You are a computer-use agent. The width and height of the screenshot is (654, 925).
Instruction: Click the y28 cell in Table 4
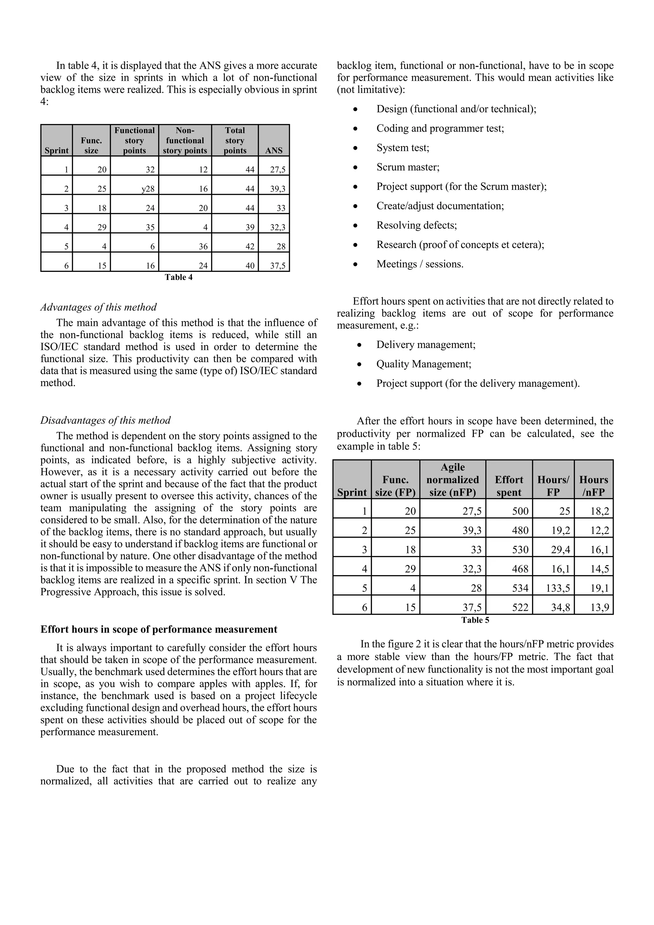tap(148, 189)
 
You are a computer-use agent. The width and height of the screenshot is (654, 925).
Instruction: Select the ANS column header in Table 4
tap(274, 150)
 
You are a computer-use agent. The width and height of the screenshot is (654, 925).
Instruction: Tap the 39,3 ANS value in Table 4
tap(278, 189)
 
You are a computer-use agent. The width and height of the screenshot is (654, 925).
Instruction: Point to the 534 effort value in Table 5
tap(520, 588)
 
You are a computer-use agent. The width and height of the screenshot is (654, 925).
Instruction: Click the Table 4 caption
tap(179, 277)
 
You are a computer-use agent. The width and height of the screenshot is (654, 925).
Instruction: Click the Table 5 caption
tap(475, 620)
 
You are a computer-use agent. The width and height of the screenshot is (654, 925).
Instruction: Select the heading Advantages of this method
tap(99, 307)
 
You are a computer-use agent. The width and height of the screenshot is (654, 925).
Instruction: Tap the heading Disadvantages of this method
tap(105, 420)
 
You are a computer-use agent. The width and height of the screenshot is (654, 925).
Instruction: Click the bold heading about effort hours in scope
tap(159, 629)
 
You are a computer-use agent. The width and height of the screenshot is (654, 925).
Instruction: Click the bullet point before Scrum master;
tap(355, 167)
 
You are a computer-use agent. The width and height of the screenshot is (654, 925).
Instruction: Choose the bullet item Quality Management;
tap(424, 364)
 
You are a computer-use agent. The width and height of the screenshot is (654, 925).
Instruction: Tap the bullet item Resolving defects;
tap(416, 225)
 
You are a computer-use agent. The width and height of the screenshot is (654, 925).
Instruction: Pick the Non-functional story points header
tap(185, 140)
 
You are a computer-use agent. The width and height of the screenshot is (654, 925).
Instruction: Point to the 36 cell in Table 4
tap(203, 246)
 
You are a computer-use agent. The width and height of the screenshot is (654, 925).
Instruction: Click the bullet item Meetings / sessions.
tap(420, 264)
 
